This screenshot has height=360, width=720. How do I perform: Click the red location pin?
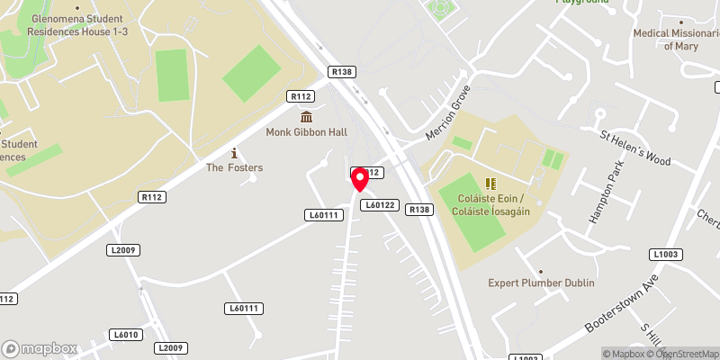point(360,179)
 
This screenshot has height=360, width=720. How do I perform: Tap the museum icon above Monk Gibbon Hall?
point(307,117)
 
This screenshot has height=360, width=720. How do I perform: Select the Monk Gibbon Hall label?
point(306,131)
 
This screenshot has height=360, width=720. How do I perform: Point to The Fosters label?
point(234,167)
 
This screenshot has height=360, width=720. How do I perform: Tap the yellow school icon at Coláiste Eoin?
point(490,184)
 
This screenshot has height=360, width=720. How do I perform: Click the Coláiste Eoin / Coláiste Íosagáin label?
point(490,204)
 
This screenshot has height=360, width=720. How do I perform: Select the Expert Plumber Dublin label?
point(541,283)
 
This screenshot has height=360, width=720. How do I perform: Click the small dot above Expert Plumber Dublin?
point(541,271)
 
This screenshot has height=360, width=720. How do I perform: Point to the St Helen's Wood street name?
point(635,148)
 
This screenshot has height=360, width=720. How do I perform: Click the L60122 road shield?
point(380,205)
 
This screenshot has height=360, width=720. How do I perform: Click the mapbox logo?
point(40,348)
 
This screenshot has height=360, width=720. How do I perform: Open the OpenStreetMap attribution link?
point(681,354)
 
